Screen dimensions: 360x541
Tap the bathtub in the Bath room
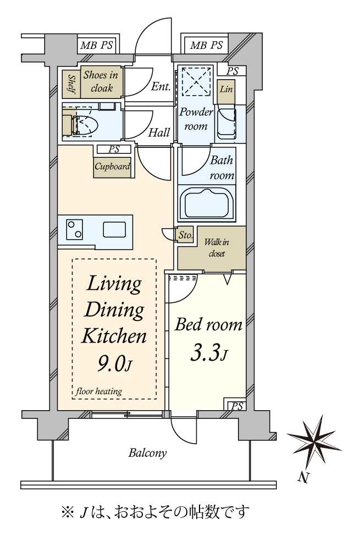pos(207,204)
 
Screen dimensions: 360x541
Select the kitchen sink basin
pos(114,230)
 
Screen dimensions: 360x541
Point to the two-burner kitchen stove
pos(75,229)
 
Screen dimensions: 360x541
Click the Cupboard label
pos(113,167)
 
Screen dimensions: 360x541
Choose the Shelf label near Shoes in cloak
pos(71,85)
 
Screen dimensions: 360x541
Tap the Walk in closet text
pos(217,248)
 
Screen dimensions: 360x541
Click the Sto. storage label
pos(185,235)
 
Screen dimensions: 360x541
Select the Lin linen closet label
pos(226,89)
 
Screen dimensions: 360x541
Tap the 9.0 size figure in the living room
pos(110,363)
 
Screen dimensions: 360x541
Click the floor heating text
pos(98,391)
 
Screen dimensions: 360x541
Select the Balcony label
pos(148,452)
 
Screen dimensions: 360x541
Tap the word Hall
pos(159,133)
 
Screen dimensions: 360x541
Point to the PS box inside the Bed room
pos(237,406)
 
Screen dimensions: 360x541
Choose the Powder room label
pos(196,119)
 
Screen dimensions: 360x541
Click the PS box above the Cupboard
pos(114,150)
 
